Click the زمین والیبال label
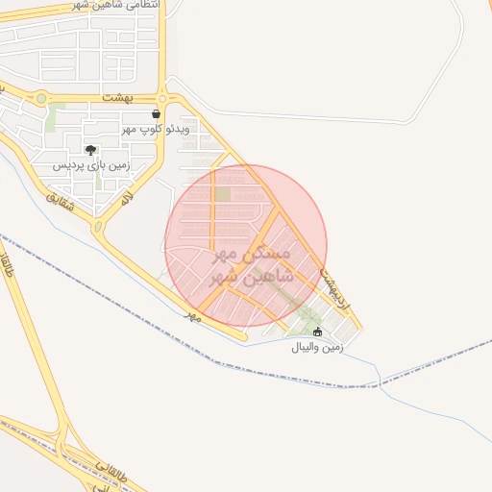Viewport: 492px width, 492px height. pyautogui.click(x=318, y=347)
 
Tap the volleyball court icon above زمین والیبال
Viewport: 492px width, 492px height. pyautogui.click(x=318, y=332)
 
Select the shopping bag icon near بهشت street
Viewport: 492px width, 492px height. pyautogui.click(x=156, y=113)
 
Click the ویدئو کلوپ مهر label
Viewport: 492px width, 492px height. pyautogui.click(x=157, y=128)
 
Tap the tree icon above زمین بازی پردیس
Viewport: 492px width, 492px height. pyautogui.click(x=90, y=150)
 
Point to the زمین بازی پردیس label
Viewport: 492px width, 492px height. pyautogui.click(x=90, y=164)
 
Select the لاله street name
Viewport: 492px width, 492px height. pyautogui.click(x=125, y=197)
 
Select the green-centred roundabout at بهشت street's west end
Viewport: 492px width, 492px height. pyautogui.click(x=40, y=97)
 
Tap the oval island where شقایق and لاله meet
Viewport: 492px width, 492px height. pyautogui.click(x=98, y=228)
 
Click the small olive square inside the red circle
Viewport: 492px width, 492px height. pyautogui.click(x=222, y=194)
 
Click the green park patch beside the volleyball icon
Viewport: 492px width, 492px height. pyautogui.click(x=307, y=314)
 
